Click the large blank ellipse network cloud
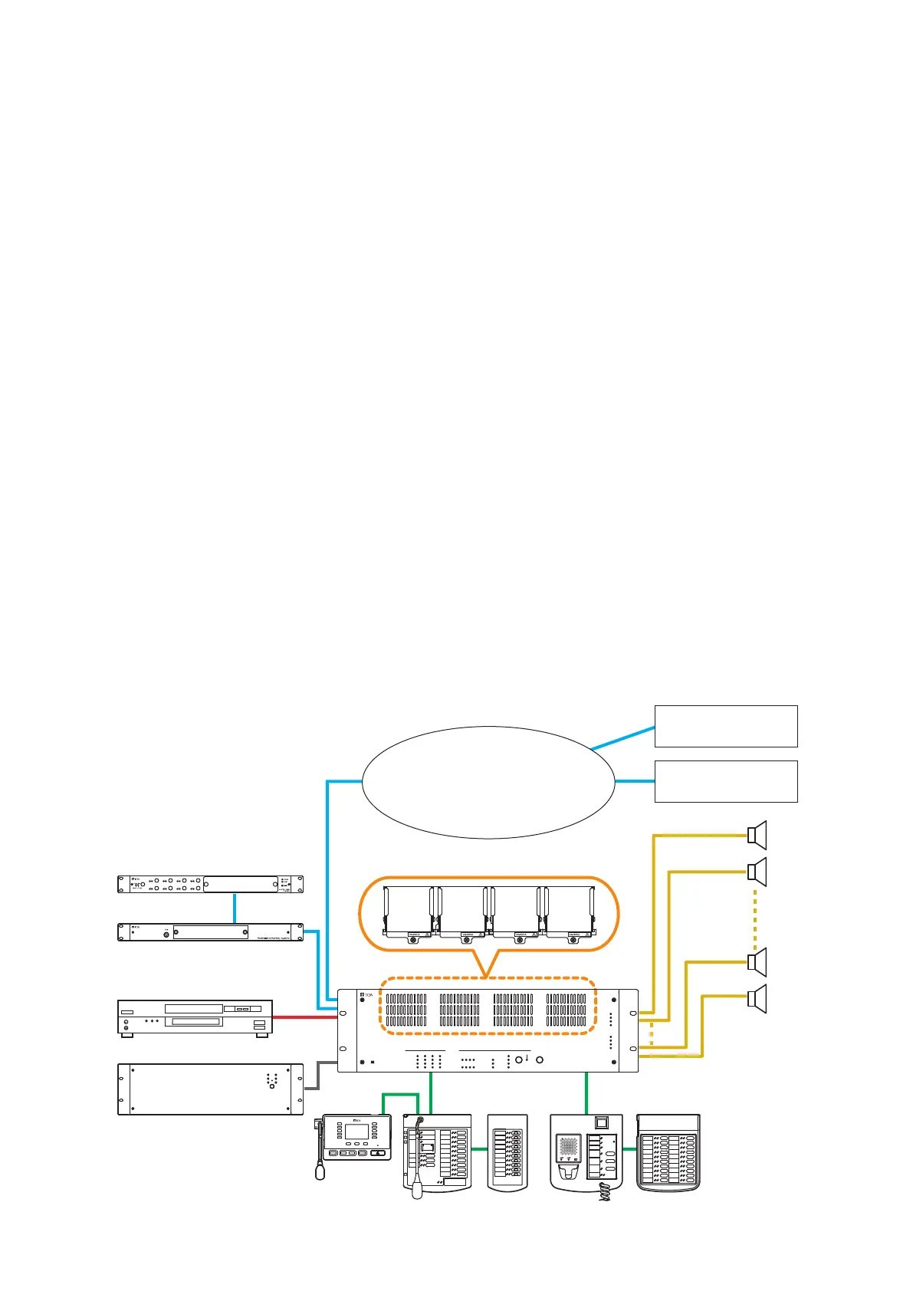(x=488, y=782)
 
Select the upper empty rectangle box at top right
(x=725, y=726)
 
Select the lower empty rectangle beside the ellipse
(x=725, y=781)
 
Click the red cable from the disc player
(x=305, y=1018)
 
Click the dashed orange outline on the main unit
(x=488, y=979)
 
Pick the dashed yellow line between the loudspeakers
(x=756, y=917)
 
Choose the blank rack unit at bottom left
(x=210, y=1089)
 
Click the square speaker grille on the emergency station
(x=568, y=1147)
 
